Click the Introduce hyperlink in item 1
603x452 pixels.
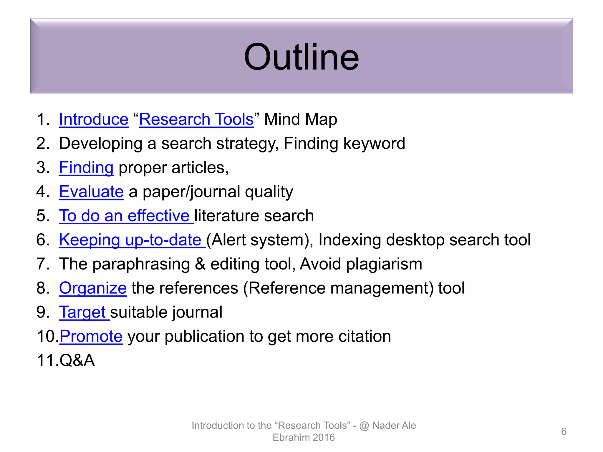pyautogui.click(x=94, y=119)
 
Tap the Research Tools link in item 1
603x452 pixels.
pyautogui.click(x=196, y=119)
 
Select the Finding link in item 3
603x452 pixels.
pyautogui.click(x=86, y=167)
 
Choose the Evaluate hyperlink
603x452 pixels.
pyautogui.click(x=91, y=192)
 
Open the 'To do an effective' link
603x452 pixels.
pyautogui.click(x=126, y=216)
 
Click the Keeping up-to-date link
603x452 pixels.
pyautogui.click(x=132, y=240)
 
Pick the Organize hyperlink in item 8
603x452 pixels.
pyautogui.click(x=93, y=288)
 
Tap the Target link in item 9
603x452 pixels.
pyautogui.click(x=84, y=312)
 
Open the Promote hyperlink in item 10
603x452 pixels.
pyautogui.click(x=91, y=336)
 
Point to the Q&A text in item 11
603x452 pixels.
pyautogui.click(x=77, y=360)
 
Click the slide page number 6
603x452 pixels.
pyautogui.click(x=564, y=431)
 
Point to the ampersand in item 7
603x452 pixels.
pyautogui.click(x=200, y=264)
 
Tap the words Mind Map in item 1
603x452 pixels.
pyautogui.click(x=300, y=119)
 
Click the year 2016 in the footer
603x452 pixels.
pyautogui.click(x=324, y=438)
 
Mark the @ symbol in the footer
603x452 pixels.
pyautogui.click(x=364, y=426)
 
